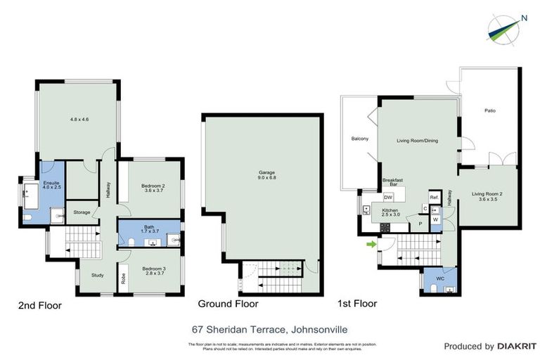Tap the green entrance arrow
click(x=370, y=245)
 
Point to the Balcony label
click(x=359, y=139)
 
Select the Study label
click(x=97, y=275)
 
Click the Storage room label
click(x=82, y=212)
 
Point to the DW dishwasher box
click(x=387, y=198)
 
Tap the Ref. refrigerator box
click(x=435, y=197)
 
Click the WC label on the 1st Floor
click(x=440, y=279)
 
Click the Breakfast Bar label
click(x=392, y=183)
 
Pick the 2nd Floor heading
click(x=39, y=305)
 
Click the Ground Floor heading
click(x=228, y=304)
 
